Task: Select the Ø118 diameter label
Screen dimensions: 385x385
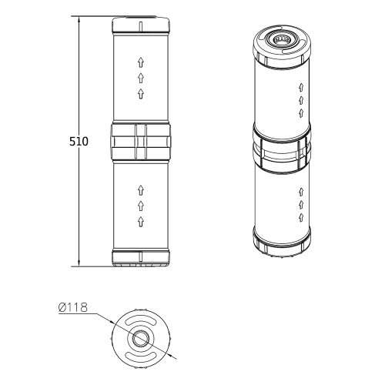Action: (72, 308)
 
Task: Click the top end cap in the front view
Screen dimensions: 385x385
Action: (141, 25)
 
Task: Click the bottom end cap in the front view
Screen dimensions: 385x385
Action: (141, 258)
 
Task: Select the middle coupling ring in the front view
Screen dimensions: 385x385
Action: (141, 140)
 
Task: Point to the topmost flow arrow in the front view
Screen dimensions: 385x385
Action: (141, 62)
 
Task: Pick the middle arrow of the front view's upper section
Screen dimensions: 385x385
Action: (141, 78)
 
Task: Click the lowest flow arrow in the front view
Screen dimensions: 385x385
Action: (141, 222)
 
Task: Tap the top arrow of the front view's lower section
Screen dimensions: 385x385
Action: (141, 189)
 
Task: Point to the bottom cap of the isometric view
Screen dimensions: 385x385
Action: (283, 245)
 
